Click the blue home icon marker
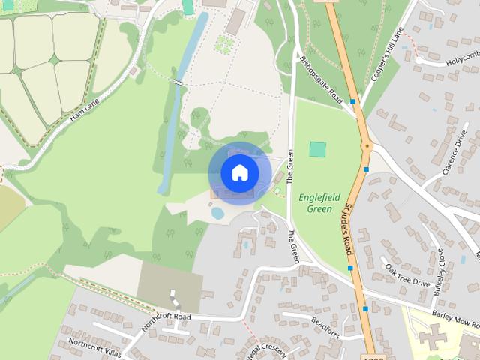click(x=239, y=172)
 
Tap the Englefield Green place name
click(x=319, y=202)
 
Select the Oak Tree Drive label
click(x=406, y=274)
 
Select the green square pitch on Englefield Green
click(x=318, y=149)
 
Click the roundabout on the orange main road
click(x=366, y=146)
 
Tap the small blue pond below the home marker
click(x=217, y=214)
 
